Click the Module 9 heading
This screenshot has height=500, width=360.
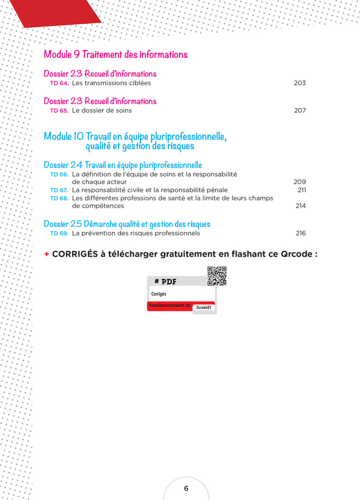[x=116, y=54]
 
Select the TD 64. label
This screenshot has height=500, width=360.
[x=59, y=83]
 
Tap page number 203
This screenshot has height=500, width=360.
[x=299, y=83]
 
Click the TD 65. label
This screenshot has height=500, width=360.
[x=59, y=110]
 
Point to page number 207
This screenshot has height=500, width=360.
[x=299, y=110]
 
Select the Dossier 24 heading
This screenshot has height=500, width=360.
[x=122, y=165]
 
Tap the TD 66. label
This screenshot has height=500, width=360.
[x=59, y=174]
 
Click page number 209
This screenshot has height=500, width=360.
[x=299, y=181]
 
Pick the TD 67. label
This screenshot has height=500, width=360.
[x=59, y=190]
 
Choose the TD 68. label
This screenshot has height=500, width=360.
[x=59, y=198]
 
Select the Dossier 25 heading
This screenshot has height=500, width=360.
[x=127, y=224]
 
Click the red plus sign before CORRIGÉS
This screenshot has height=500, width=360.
[x=47, y=254]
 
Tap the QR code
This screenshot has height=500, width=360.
[x=217, y=276]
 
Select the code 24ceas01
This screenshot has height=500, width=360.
[x=205, y=307]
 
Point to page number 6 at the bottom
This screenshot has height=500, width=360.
[x=186, y=488]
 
